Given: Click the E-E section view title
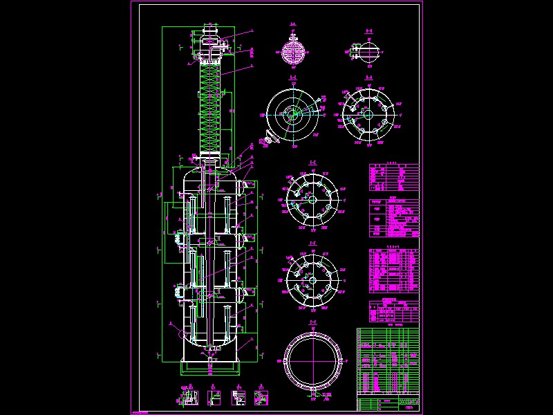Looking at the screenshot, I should [x=312, y=164].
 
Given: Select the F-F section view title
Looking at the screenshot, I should [x=312, y=243].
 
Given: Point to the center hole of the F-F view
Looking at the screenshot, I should [x=312, y=279].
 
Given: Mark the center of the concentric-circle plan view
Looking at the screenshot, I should [x=293, y=115].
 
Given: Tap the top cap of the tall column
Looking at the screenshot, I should [x=210, y=31].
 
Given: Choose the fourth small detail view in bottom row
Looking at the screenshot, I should [x=261, y=397].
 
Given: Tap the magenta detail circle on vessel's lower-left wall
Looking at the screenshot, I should [x=183, y=331].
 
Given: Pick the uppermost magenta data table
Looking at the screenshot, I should [x=393, y=177].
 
